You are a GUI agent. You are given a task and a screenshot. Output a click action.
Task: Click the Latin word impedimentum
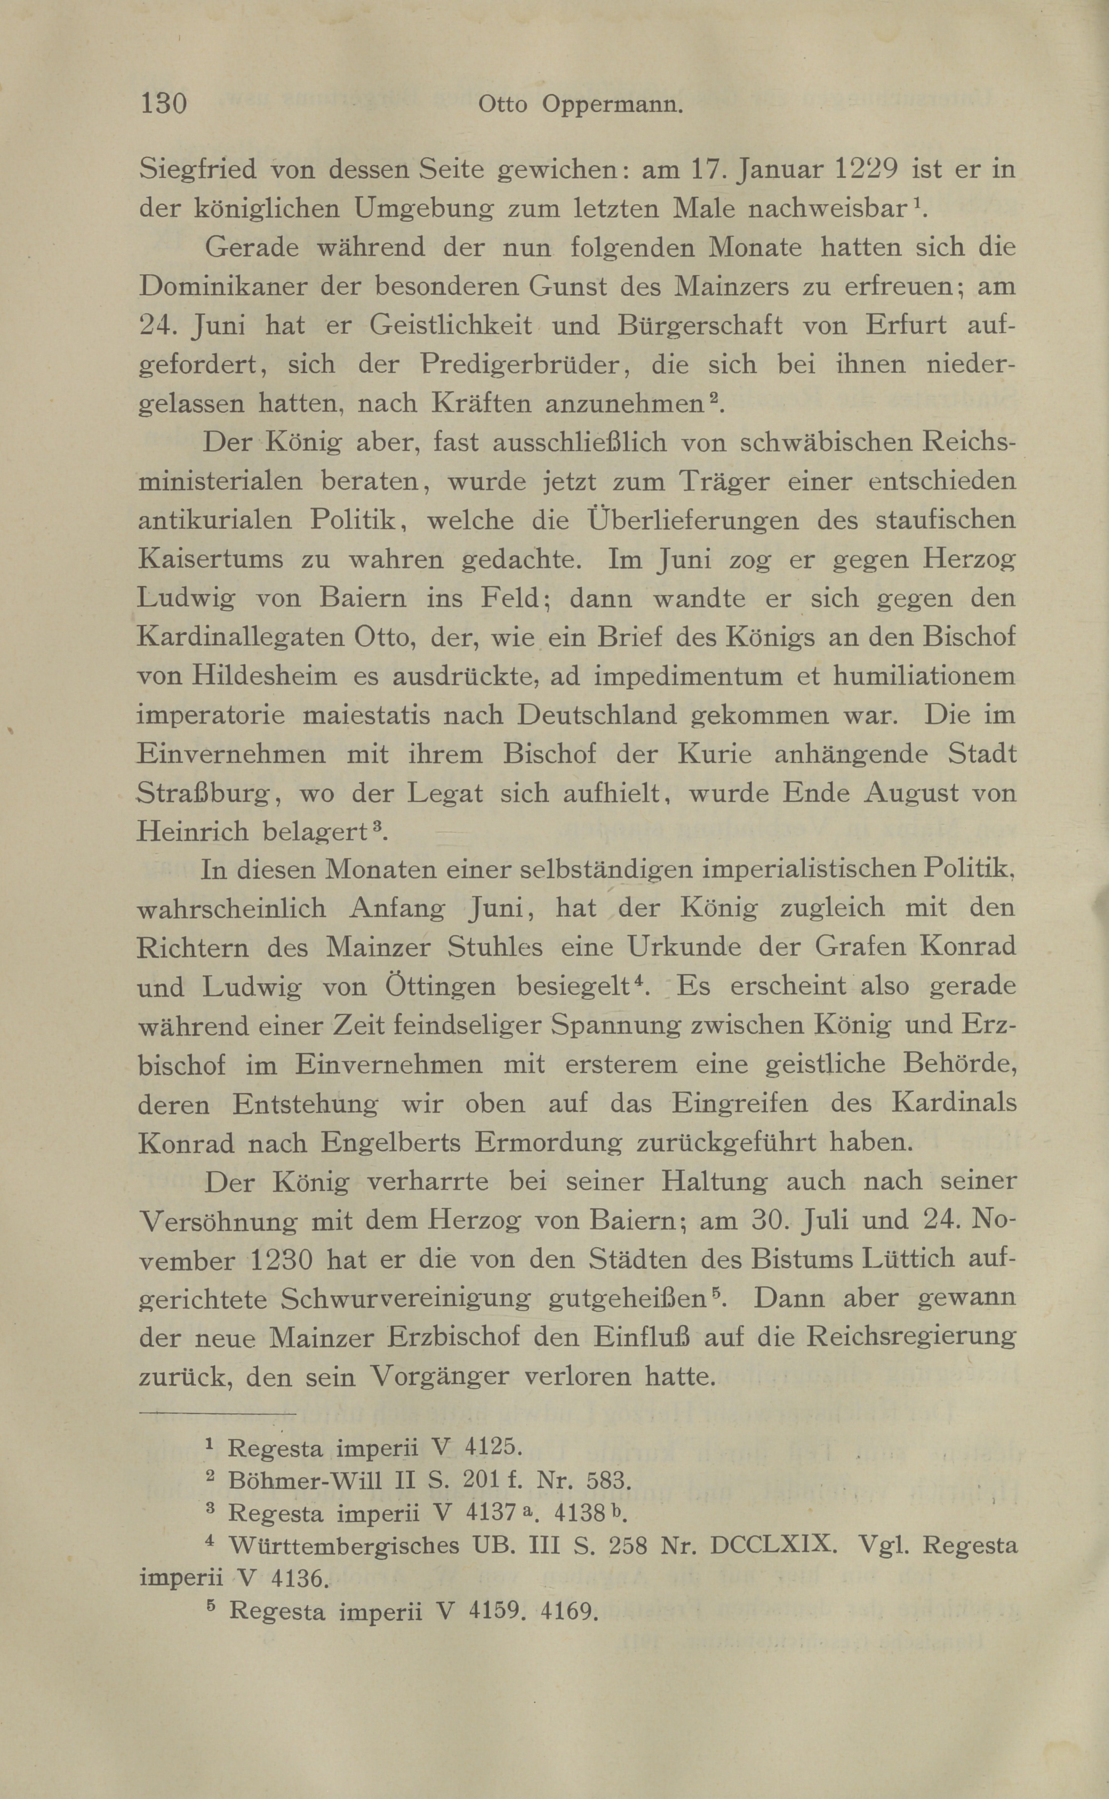pyautogui.click(x=688, y=675)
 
